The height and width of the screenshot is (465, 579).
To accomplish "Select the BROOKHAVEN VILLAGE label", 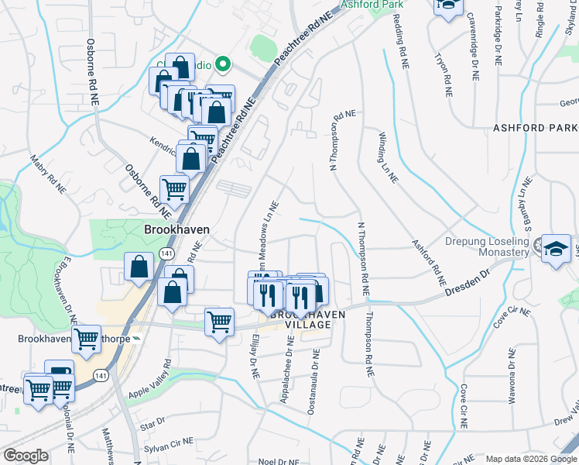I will pyautogui.click(x=300, y=319).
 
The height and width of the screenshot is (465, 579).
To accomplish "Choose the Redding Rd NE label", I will pyautogui.click(x=403, y=48).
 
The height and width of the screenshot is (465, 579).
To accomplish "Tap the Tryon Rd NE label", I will pyautogui.click(x=443, y=74).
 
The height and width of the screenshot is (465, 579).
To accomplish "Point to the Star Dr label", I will pyautogui.click(x=154, y=422).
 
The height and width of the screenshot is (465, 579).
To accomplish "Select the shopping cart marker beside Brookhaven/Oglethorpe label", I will pyautogui.click(x=86, y=339).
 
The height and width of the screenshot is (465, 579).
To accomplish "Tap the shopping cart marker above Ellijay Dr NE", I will pyautogui.click(x=219, y=321).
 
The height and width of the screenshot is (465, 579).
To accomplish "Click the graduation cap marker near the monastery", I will pyautogui.click(x=556, y=249).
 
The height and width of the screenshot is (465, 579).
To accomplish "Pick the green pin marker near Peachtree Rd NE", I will pyautogui.click(x=223, y=64).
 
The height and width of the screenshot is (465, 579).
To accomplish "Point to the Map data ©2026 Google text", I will pyautogui.click(x=530, y=459).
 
